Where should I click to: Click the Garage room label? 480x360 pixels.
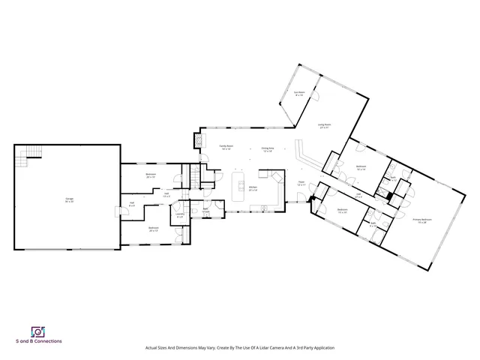[69, 199]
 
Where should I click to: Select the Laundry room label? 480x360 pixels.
[180, 215]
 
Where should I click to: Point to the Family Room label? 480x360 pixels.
[225, 148]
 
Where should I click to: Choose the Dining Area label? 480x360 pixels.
[267, 149]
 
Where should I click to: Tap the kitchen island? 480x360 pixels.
[240, 184]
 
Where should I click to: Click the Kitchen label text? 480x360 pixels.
[253, 188]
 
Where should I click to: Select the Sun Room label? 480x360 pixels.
[298, 94]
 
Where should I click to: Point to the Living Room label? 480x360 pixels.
[325, 126]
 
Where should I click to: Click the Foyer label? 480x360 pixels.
[301, 183]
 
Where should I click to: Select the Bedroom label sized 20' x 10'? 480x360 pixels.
[151, 175]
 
